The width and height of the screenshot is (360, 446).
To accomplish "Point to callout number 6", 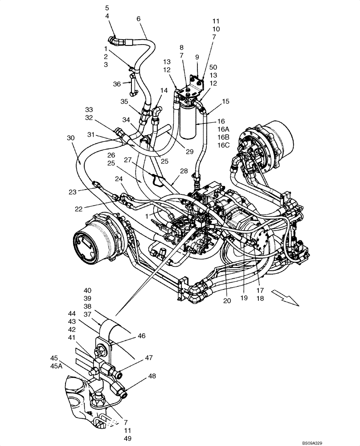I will coord(138,19).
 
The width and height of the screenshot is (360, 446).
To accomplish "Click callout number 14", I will coord(164,90).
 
